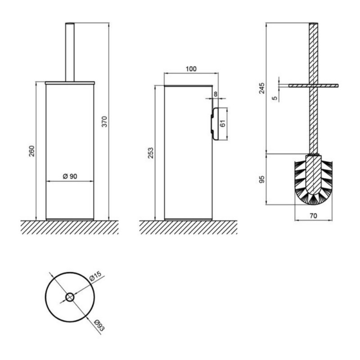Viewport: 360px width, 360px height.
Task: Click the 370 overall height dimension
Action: coord(104,121)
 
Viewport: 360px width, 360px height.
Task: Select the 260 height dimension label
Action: coord(31,151)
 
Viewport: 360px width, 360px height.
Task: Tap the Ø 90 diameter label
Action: coord(70,176)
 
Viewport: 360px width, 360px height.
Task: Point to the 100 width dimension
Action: coord(191,69)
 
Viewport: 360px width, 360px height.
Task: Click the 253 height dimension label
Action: coord(150,153)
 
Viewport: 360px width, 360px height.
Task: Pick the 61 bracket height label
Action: coord(223,123)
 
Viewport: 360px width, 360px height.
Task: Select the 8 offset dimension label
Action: coord(216,94)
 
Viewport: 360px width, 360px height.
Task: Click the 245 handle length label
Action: coord(261,88)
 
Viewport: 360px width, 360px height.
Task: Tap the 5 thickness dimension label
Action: coord(274,98)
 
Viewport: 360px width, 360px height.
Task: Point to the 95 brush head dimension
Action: coord(261,179)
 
